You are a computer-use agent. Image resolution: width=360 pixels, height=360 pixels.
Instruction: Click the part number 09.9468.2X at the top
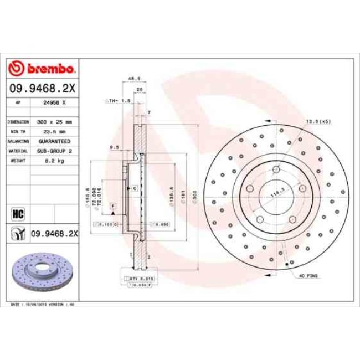pyautogui.click(x=43, y=87)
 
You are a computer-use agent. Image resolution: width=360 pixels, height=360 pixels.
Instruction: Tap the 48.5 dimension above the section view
pyautogui.click(x=133, y=79)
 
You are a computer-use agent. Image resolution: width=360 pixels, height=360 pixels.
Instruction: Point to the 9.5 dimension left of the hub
pyautogui.click(x=115, y=147)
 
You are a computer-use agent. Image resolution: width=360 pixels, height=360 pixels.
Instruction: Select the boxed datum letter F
pyautogui.click(x=112, y=205)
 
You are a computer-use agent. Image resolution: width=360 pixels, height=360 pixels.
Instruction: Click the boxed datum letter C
pyautogui.click(x=134, y=189)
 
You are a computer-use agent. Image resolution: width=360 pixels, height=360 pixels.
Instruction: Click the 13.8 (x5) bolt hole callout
pyautogui.click(x=318, y=121)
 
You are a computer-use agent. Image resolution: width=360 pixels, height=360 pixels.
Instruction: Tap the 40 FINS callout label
pyautogui.click(x=308, y=275)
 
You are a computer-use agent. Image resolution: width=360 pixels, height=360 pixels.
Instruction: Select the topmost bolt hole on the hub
pyautogui.click(x=275, y=171)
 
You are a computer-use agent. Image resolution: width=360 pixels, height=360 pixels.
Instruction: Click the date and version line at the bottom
pyautogui.click(x=43, y=305)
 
